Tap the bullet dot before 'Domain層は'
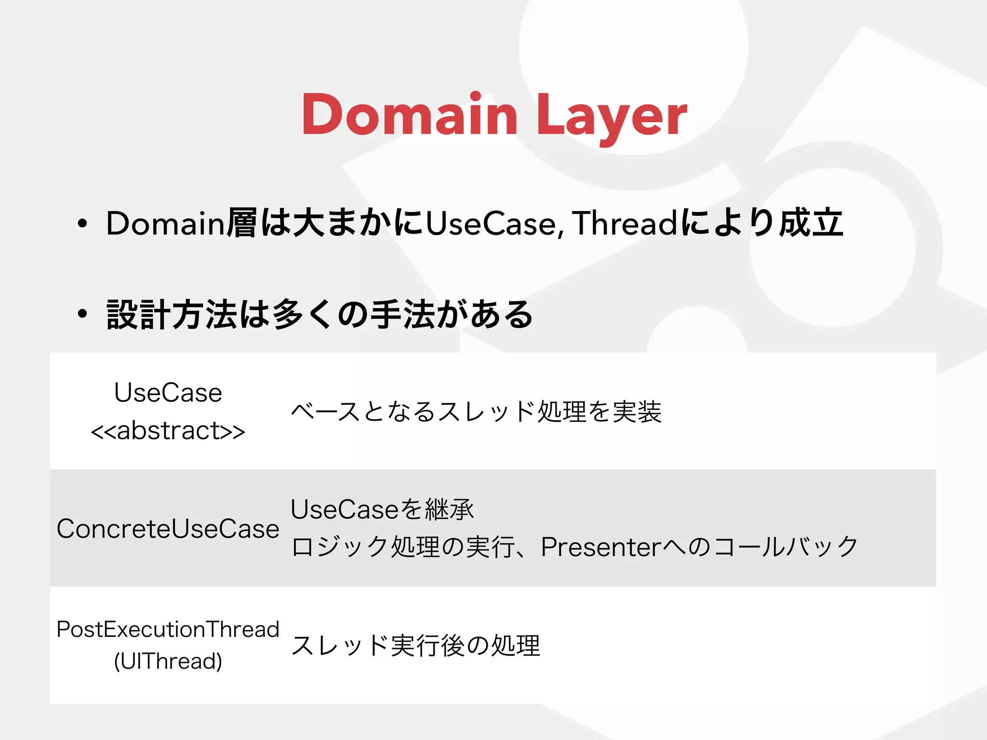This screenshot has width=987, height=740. point(83,223)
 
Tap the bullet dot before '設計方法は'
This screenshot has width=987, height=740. point(83,314)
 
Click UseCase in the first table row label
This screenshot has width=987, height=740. point(168,392)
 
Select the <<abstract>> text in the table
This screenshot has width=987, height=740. point(168,431)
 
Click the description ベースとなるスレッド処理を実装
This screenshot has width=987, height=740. point(476,411)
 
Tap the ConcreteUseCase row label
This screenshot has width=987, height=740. point(168,529)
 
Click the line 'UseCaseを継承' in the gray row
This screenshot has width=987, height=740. point(382,509)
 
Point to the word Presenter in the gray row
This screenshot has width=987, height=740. point(600,547)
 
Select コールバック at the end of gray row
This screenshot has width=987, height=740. point(786,547)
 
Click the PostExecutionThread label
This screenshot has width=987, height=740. point(168,629)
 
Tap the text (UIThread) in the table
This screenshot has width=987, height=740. point(168,661)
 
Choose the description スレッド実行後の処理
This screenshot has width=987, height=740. point(415,646)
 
